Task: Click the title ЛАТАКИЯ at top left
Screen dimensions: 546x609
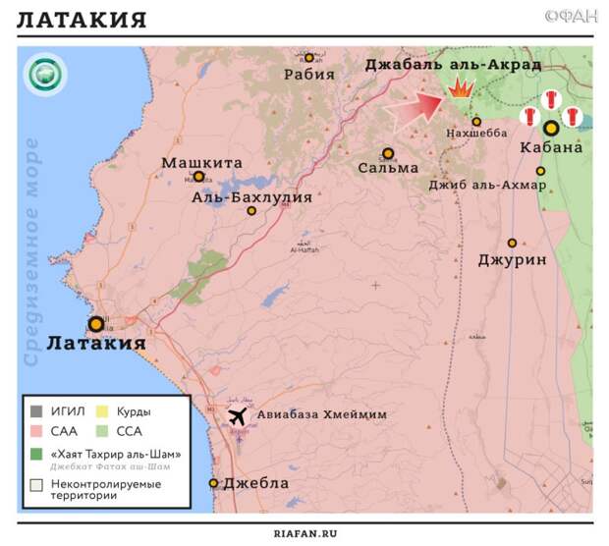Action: point(83,21)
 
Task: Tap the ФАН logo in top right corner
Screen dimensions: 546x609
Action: point(570,16)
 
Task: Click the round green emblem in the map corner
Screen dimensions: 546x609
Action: point(44,75)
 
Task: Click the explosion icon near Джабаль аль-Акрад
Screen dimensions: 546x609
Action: point(459,88)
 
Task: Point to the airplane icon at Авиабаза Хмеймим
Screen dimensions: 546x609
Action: point(237,416)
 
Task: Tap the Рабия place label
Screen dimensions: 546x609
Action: point(308,74)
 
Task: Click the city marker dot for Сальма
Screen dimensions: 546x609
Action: point(389,154)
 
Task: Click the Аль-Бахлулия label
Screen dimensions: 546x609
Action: point(251,196)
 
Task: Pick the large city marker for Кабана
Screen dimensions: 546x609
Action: point(551,128)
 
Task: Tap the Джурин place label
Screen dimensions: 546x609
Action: point(512,260)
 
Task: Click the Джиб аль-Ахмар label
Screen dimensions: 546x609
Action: point(480,185)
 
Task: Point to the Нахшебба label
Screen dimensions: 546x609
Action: point(476,134)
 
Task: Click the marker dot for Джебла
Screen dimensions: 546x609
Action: point(213,483)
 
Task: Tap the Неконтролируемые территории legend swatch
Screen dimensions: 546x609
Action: point(35,484)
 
